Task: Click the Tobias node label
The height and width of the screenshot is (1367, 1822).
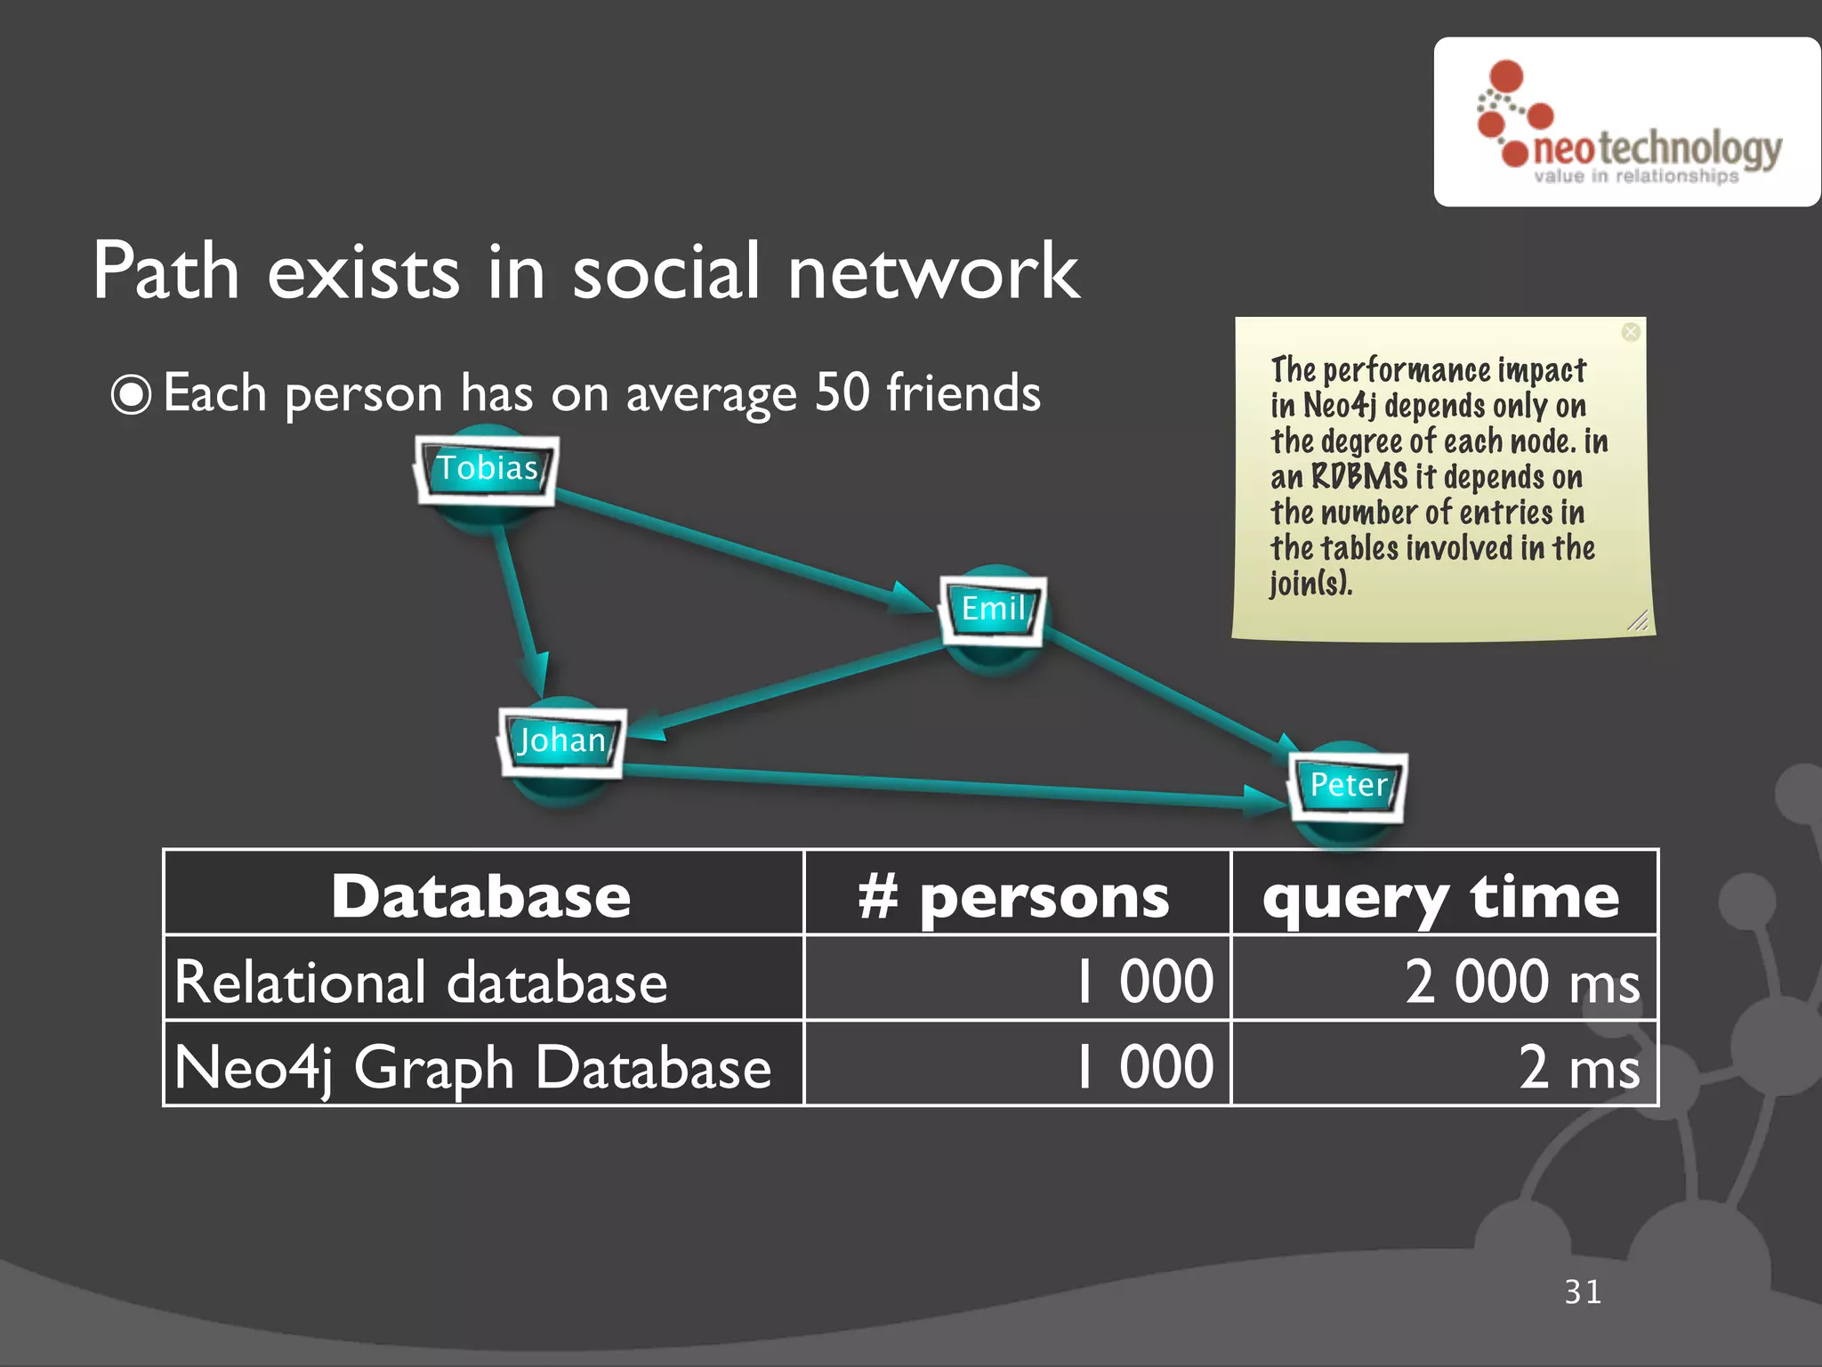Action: click(x=488, y=469)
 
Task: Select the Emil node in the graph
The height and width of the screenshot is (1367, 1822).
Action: click(x=993, y=610)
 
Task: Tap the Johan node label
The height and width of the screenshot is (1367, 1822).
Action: click(x=562, y=741)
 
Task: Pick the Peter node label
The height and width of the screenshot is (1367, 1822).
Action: click(x=1348, y=786)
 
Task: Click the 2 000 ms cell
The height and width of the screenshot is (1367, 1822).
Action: click(x=1521, y=982)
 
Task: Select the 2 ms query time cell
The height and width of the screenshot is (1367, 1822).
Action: click(x=1577, y=1067)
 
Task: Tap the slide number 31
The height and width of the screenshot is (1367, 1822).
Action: click(x=1583, y=1292)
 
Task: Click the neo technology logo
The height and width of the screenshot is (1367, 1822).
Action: click(x=1628, y=125)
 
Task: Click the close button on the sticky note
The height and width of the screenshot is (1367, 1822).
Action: click(x=1630, y=332)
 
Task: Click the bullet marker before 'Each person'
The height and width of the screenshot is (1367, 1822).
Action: click(x=132, y=394)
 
